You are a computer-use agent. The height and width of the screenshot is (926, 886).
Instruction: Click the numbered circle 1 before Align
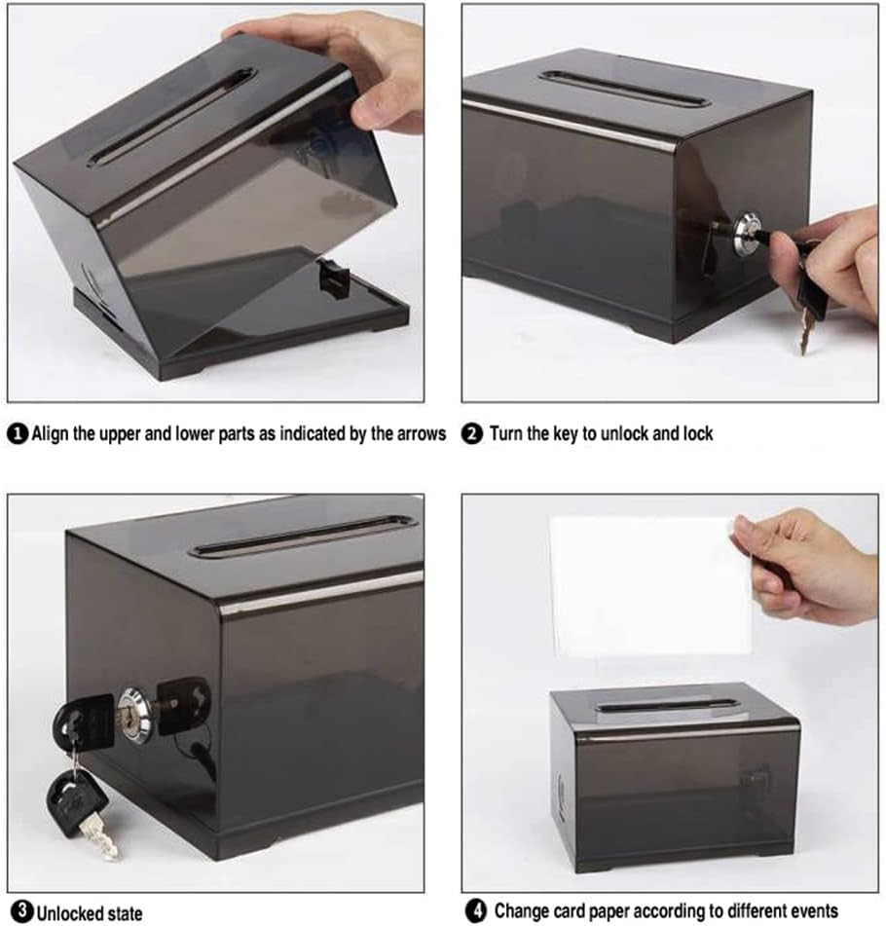click(x=18, y=434)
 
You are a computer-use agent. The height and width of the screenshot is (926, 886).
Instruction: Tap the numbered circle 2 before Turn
click(x=472, y=434)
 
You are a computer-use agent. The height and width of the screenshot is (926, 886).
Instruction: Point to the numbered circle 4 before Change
click(x=475, y=912)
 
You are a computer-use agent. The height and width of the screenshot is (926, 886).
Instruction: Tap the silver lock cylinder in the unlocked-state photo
click(x=135, y=715)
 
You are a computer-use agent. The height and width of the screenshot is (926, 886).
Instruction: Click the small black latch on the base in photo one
click(x=334, y=278)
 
